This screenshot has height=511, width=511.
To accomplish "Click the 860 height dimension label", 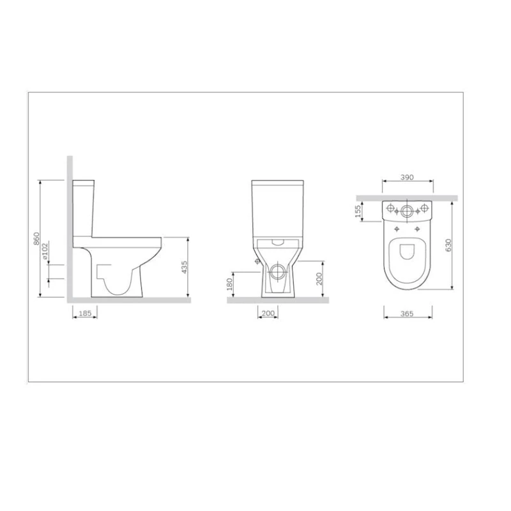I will tap(36, 239).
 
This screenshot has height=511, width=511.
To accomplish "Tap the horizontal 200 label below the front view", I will tap(268, 313).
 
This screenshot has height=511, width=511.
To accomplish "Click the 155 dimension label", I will tap(359, 210).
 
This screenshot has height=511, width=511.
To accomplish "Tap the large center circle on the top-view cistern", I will tap(407, 210).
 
